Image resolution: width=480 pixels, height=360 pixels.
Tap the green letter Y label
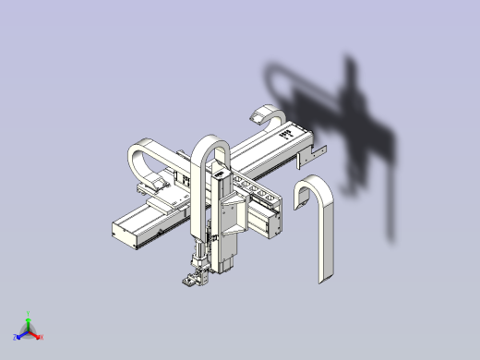coord(29,315)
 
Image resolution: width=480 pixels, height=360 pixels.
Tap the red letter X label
coord(42,338)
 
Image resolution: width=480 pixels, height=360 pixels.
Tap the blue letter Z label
coord(16,338)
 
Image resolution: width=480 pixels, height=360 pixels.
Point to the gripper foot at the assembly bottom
coord(191,281)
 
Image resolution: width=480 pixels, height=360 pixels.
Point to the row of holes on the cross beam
coord(254,188)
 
